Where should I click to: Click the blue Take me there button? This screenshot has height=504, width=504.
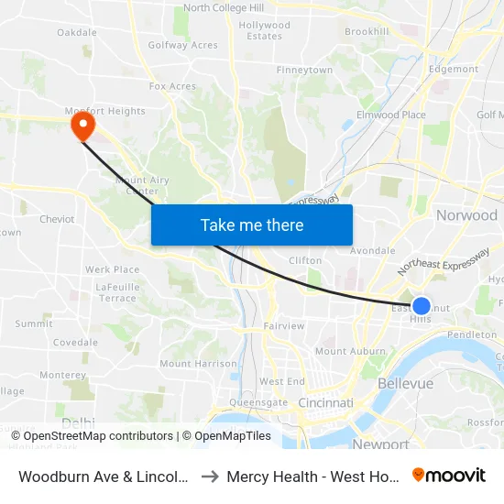point(252,225)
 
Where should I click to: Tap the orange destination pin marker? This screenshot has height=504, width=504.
point(82,125)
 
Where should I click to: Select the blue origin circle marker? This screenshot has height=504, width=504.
point(421,306)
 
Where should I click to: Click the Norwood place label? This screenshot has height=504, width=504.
point(466,215)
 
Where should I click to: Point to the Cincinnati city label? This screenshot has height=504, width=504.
point(325,402)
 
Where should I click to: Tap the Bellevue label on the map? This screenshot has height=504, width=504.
point(405,383)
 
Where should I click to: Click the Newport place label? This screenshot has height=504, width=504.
point(380,444)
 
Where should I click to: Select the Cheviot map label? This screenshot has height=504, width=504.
point(57,219)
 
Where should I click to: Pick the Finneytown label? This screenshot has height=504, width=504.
point(304,70)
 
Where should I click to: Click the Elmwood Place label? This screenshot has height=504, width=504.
point(391,115)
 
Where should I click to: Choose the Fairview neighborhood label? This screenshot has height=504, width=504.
point(284,326)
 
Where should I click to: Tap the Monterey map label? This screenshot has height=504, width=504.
point(63,375)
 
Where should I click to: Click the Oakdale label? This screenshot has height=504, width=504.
point(77,32)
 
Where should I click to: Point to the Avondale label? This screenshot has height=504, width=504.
point(372,250)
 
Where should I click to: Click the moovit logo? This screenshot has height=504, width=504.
point(449,475)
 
